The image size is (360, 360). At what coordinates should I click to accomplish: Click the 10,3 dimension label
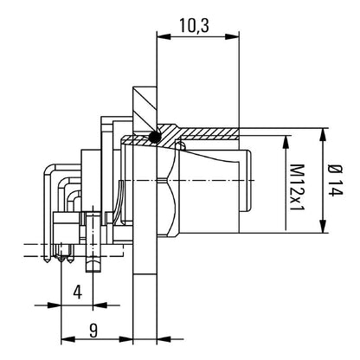(x=194, y=25)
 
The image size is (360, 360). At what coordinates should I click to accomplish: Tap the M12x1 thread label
(x=297, y=187)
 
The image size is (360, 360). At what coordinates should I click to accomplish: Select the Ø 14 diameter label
(x=336, y=180)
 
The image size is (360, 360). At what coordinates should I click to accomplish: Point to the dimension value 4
(x=77, y=292)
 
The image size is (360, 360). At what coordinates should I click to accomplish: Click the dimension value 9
(x=93, y=331)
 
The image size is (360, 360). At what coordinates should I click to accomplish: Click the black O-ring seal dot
(x=155, y=137)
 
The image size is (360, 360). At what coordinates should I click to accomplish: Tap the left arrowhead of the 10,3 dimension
(x=163, y=37)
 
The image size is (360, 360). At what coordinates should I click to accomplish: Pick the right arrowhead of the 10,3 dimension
(x=233, y=37)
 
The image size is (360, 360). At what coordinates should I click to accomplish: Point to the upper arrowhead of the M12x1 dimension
(x=286, y=142)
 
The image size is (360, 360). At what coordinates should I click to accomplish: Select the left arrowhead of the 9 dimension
(x=68, y=339)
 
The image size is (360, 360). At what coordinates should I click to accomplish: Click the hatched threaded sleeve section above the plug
(x=199, y=134)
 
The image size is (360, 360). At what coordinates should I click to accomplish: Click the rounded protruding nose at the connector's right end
(x=245, y=181)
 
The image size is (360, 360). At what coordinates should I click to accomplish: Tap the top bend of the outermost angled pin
(x=49, y=169)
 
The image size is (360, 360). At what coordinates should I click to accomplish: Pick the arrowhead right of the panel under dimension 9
(x=164, y=339)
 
